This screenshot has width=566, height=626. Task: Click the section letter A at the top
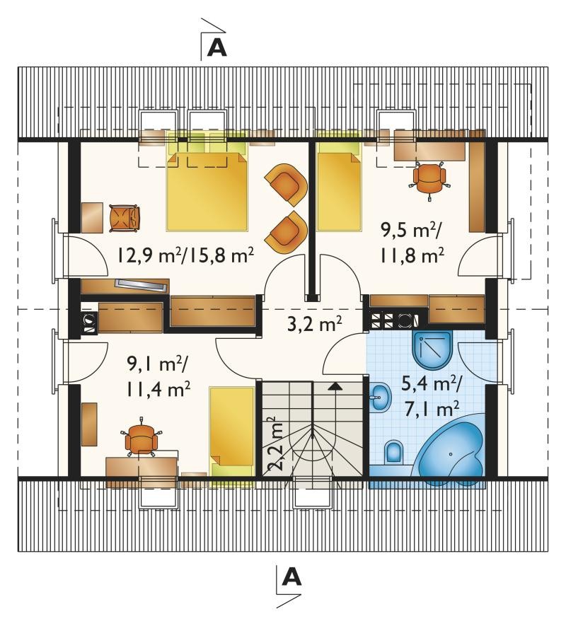pos(218,48)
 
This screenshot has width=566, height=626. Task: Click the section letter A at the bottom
pos(292,577)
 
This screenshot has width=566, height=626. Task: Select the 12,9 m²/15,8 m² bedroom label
pos(185,255)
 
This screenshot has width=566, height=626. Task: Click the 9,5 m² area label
pos(410,231)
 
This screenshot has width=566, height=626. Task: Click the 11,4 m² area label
pos(158,389)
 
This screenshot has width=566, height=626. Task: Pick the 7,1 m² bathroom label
pos(432,409)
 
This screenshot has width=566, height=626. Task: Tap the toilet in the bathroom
pos(394,453)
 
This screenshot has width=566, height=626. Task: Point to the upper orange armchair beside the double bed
pos(287,185)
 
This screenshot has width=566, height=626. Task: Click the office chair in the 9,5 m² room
pos(429,179)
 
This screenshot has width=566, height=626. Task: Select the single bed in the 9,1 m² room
pos(232,431)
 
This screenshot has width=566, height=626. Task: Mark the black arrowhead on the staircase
pos(336,386)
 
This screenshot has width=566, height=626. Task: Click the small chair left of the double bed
pos(125,218)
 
